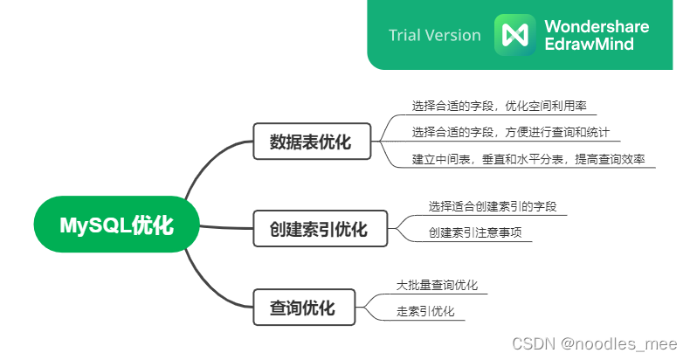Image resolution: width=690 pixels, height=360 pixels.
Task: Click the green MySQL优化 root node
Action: click(117, 225)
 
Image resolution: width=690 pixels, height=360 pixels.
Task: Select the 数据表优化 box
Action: click(311, 142)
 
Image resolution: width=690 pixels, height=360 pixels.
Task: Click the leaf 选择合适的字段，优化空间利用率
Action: click(499, 106)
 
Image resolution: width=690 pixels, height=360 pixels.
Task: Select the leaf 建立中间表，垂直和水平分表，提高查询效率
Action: click(533, 159)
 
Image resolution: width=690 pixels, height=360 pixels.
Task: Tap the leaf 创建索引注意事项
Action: click(480, 233)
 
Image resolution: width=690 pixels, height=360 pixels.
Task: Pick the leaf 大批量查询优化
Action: click(437, 285)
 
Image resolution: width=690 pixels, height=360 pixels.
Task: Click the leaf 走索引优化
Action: click(425, 311)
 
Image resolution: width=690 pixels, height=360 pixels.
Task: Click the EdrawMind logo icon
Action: click(515, 35)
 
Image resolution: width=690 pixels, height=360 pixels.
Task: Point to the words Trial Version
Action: click(435, 35)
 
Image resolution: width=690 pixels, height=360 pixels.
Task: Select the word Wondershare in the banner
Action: click(597, 26)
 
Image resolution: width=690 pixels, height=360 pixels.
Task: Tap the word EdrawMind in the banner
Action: click(590, 44)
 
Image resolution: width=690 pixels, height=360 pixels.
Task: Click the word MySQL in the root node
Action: click(94, 225)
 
